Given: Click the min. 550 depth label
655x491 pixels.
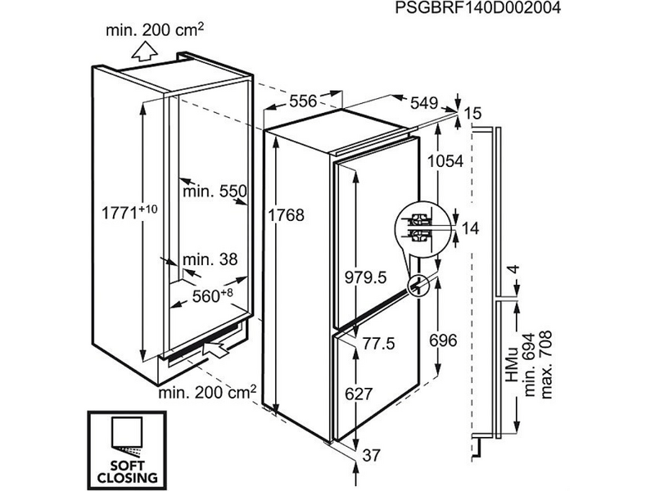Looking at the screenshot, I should (x=215, y=191).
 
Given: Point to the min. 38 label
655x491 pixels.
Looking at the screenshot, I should (x=210, y=259).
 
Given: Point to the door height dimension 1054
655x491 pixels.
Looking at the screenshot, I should (x=447, y=161).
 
